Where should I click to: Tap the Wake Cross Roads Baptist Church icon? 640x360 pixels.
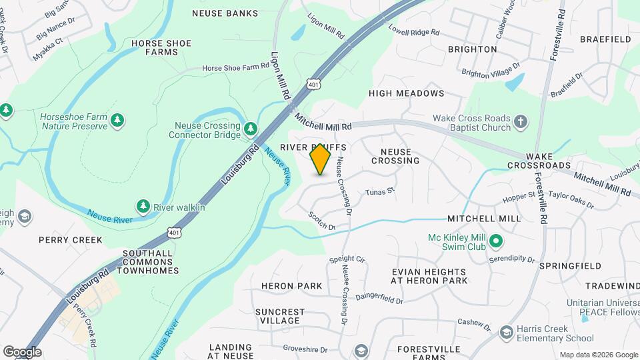(521, 123)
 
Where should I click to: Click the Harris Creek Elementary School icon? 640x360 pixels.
(506, 332)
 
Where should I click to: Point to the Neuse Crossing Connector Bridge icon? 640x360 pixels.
(251, 127)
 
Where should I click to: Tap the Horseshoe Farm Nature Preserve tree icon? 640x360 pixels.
(117, 120)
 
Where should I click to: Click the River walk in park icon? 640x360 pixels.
(142, 206)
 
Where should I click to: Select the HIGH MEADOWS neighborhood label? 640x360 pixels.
(406, 93)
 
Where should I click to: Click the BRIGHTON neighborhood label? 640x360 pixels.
(472, 49)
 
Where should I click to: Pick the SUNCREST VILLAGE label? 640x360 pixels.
(280, 316)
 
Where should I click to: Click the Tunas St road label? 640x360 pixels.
(380, 192)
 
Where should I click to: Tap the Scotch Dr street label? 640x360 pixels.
(321, 221)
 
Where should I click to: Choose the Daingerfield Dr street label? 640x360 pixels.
(379, 297)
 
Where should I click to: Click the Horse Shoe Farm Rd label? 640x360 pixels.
(235, 67)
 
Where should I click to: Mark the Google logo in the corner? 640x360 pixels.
(22, 352)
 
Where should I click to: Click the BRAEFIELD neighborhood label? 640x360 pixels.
(605, 39)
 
